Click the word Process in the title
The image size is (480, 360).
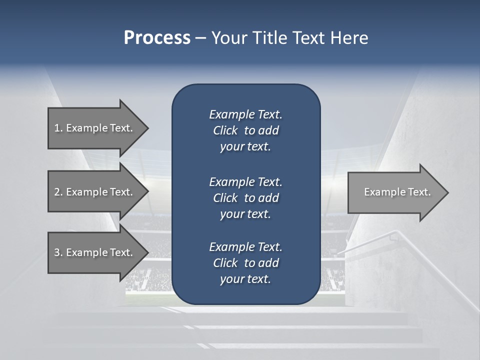(x=157, y=37)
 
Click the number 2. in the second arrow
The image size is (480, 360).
(x=58, y=192)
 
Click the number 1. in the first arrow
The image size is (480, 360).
(x=58, y=128)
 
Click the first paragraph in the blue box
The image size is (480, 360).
(x=245, y=130)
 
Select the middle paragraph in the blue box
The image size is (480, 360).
(x=245, y=197)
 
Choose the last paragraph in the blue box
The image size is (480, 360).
(x=245, y=263)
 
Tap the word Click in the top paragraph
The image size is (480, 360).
(x=225, y=130)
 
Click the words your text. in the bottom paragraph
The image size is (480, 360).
(x=245, y=279)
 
